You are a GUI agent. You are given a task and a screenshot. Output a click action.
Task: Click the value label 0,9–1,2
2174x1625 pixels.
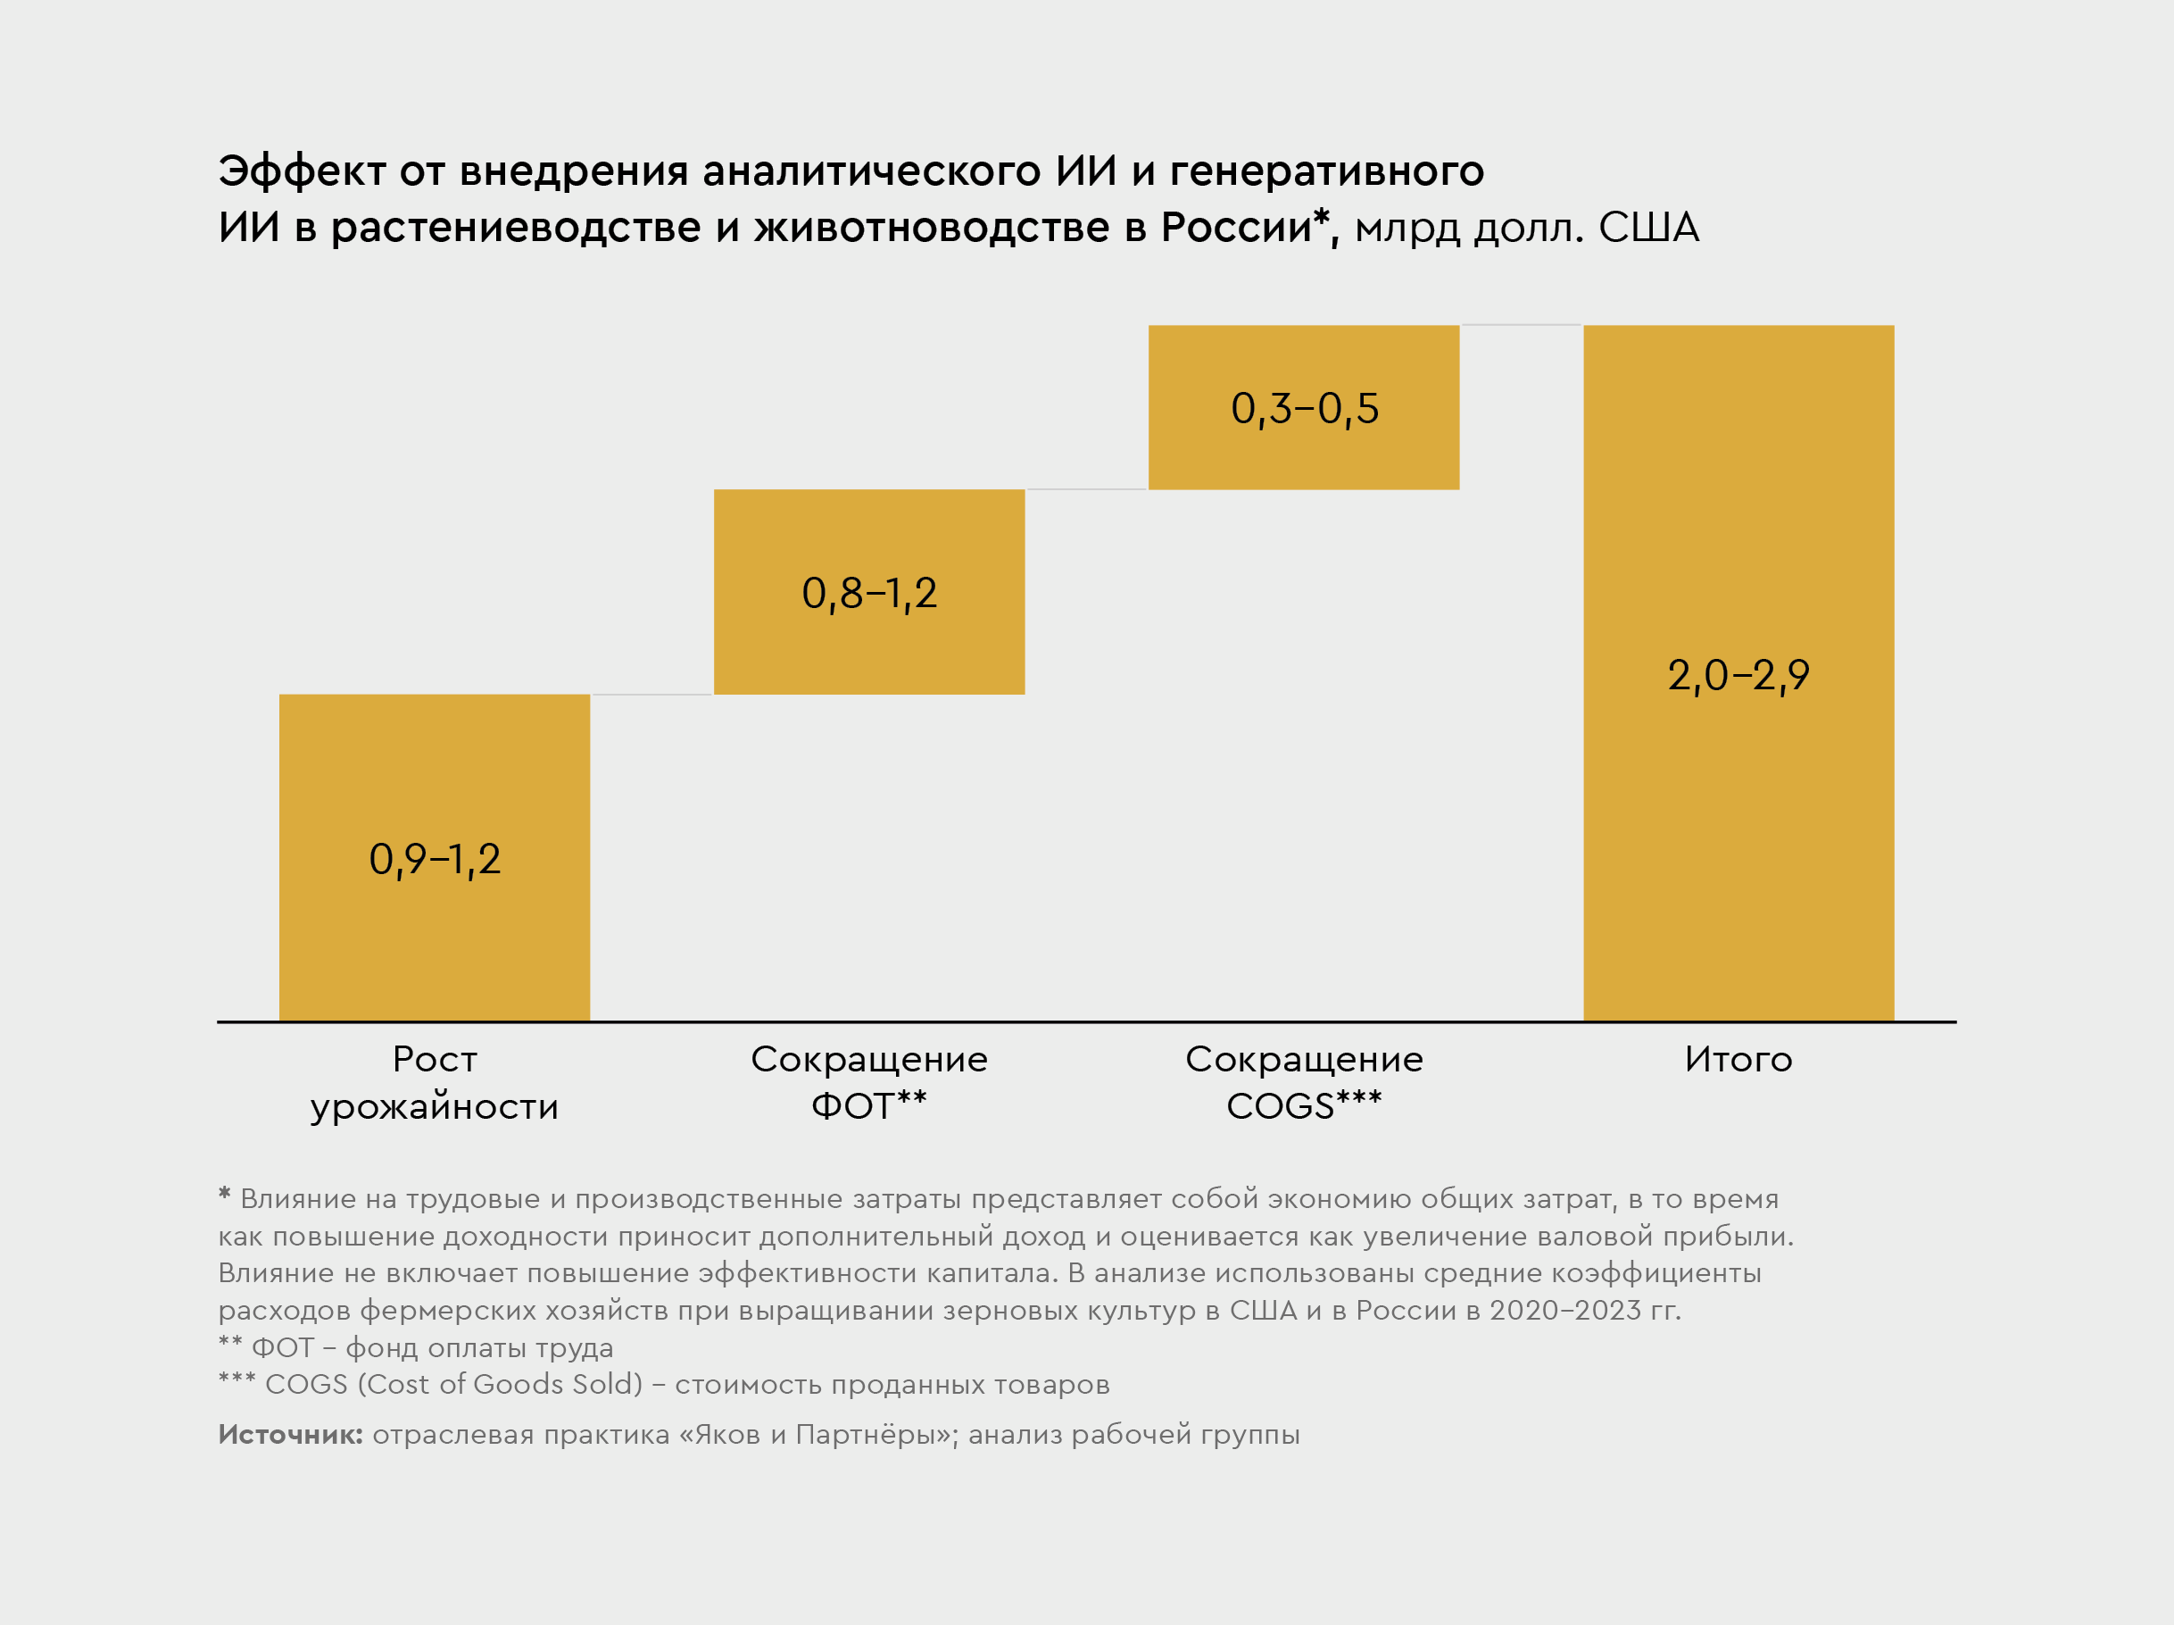435,859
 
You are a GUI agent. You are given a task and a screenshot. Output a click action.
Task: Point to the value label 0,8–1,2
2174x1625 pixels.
869,593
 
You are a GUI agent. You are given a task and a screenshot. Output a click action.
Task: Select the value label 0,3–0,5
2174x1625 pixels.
1304,408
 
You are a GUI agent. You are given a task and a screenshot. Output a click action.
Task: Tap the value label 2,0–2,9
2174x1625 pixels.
1738,675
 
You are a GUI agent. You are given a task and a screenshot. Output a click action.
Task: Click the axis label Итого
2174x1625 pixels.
1738,1060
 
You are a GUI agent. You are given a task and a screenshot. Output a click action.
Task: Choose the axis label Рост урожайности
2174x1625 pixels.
435,1082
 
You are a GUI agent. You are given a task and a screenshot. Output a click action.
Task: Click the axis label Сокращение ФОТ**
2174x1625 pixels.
869,1082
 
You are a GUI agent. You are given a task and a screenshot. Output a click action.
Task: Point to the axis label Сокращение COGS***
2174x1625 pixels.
1303,1082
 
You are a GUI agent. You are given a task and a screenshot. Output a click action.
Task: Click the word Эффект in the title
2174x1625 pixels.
302,171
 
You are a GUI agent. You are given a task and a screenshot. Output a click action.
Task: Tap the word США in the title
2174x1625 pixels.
1648,228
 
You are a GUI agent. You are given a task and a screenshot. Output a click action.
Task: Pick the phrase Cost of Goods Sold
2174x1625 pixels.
499,1384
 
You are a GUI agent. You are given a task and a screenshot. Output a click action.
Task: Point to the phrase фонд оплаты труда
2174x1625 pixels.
478,1348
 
